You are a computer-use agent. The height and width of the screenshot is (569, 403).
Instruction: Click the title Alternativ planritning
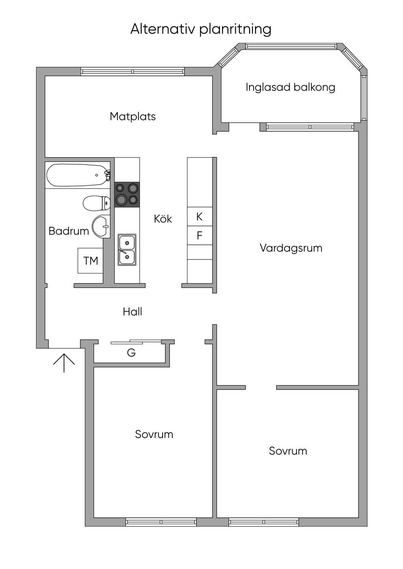201,29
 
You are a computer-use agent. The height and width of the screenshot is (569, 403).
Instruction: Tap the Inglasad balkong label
290,87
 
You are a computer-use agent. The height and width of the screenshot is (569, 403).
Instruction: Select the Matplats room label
133,116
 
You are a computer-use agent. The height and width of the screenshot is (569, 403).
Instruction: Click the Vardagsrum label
291,248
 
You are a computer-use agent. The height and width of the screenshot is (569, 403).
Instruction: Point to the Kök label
163,219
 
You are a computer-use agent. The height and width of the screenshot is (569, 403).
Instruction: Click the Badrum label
69,231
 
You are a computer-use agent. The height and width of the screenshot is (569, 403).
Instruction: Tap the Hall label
132,312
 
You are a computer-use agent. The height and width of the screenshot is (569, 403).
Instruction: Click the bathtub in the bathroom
78,175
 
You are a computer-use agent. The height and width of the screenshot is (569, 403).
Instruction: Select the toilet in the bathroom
96,203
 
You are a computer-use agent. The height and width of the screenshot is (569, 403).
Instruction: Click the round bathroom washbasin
101,226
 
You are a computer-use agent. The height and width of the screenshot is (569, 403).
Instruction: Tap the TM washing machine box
90,261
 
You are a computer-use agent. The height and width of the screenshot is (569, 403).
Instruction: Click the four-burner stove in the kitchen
127,195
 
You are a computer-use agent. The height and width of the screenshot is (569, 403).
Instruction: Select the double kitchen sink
127,250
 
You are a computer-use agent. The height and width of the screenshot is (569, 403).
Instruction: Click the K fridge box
200,217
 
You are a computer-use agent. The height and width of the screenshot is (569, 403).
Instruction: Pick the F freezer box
200,235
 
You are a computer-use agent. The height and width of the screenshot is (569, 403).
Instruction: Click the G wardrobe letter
131,352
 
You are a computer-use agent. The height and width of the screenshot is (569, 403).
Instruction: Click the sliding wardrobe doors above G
136,341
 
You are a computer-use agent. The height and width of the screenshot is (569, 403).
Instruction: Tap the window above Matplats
133,72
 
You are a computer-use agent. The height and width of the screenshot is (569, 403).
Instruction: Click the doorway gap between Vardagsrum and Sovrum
261,387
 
